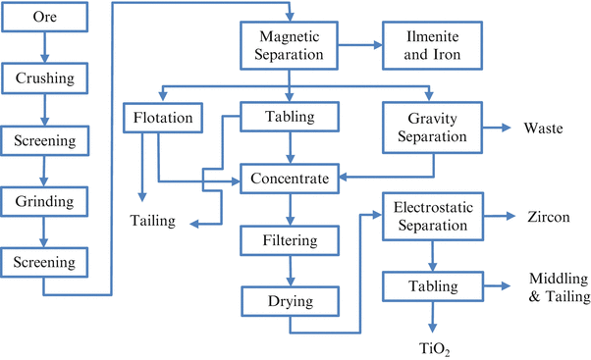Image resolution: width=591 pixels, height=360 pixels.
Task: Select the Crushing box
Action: coord(44,76)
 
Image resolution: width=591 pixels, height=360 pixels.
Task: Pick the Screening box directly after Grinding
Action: coord(44,262)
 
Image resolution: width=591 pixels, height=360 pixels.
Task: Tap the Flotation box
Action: coord(164,120)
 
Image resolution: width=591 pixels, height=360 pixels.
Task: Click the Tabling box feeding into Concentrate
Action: coord(290,118)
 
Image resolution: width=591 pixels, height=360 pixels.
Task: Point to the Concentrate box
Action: coord(290,180)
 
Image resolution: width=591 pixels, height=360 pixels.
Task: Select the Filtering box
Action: coord(290,239)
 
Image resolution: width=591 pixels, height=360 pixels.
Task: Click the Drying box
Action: coord(290,298)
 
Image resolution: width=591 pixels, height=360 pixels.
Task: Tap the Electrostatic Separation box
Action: coord(433,216)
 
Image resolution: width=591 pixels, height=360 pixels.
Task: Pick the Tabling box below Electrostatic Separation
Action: coord(433,286)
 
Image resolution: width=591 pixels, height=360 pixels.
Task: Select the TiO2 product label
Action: coord(434,346)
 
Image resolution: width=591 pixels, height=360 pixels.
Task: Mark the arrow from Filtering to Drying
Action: coord(290,269)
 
